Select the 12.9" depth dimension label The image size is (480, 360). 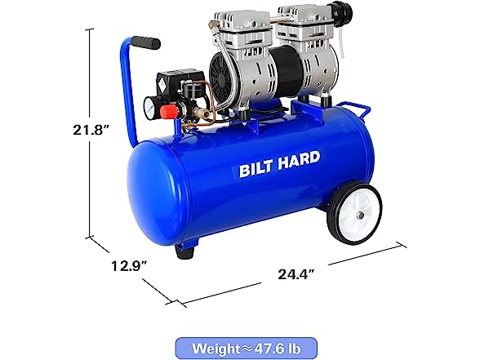129,266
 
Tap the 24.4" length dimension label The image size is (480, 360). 296,274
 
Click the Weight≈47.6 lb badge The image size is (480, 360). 246,348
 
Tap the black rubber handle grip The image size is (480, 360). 145,42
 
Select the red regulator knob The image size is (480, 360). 168,112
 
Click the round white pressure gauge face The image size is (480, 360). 149,109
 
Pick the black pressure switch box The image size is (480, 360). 180,80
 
